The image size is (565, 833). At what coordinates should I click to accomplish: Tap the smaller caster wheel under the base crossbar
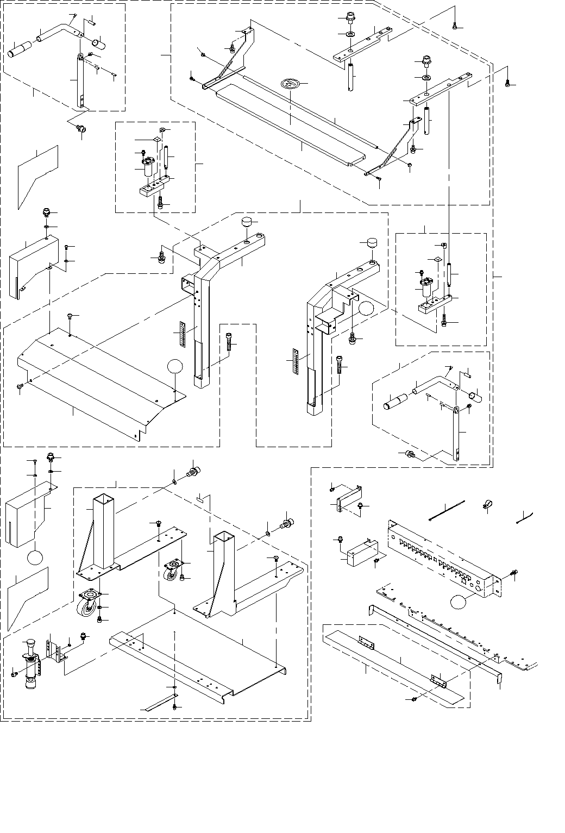pos(172,572)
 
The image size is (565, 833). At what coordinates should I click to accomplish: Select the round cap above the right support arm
pos(371,242)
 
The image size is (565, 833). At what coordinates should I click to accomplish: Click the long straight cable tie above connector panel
pos(446,511)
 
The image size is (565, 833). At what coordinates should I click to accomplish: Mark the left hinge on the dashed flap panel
pos(366,643)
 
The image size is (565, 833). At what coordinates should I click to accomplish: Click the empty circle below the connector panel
pos(459,602)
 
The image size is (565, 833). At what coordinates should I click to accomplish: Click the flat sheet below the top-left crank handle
pos(37,174)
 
